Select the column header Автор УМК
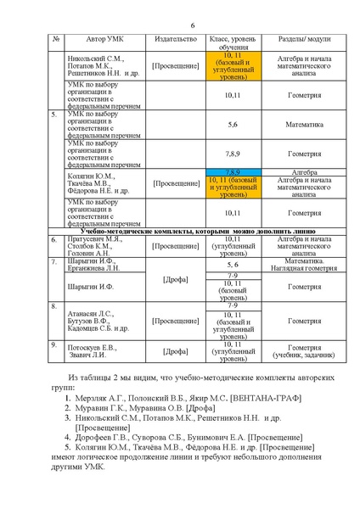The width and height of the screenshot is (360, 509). point(105,40)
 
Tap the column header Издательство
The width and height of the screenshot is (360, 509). point(175,40)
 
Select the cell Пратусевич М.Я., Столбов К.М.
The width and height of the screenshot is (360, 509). point(95,245)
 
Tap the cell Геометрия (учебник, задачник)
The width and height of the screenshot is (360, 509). point(304,350)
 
